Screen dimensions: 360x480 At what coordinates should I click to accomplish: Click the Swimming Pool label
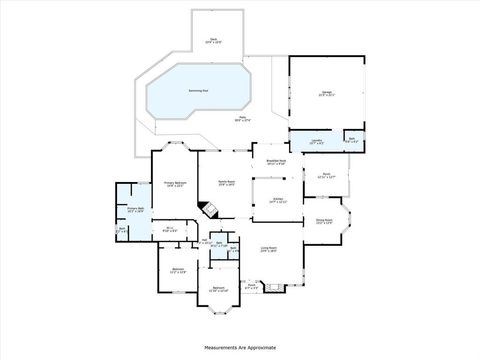[x=197, y=91]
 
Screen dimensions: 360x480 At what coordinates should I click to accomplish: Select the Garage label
[x=327, y=92]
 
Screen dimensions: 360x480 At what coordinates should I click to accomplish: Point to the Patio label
[x=242, y=119]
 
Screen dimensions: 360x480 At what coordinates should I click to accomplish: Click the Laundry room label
[x=315, y=142]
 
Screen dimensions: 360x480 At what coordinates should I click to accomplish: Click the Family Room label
[x=227, y=182]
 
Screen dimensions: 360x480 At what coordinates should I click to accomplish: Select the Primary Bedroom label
[x=176, y=184]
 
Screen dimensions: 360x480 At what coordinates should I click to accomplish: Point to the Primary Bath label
[x=134, y=210]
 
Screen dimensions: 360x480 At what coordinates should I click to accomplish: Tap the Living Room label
[x=269, y=249]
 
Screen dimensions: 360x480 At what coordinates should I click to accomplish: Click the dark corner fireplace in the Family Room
[x=207, y=209]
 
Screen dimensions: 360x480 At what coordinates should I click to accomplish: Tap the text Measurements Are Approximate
[x=240, y=347]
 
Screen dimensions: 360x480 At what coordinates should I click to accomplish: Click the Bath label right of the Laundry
[x=350, y=140]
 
